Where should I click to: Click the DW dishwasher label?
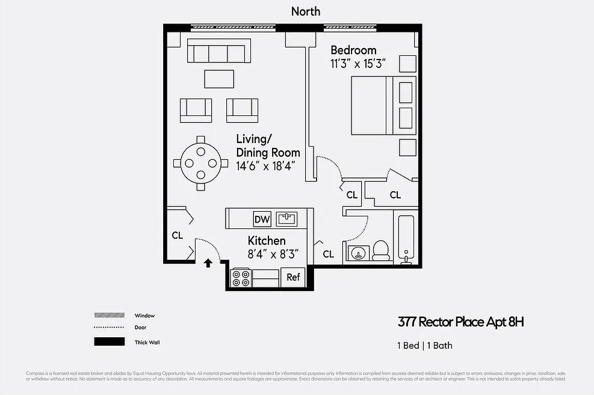(262, 219)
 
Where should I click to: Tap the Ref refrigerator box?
(293, 277)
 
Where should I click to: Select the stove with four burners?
(241, 278)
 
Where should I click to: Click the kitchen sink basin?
(286, 218)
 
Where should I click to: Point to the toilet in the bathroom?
(381, 250)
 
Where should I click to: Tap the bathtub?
(407, 239)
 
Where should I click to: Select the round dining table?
(201, 163)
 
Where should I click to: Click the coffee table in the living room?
(219, 79)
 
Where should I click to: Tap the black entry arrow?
(208, 262)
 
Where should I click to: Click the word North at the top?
(306, 11)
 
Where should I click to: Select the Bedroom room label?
(353, 51)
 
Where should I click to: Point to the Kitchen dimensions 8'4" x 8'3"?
(273, 254)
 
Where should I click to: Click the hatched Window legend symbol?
(110, 315)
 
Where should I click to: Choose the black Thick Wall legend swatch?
(110, 342)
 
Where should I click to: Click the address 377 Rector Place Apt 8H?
(460, 322)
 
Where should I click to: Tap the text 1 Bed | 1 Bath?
(425, 345)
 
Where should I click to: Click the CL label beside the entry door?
(178, 236)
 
